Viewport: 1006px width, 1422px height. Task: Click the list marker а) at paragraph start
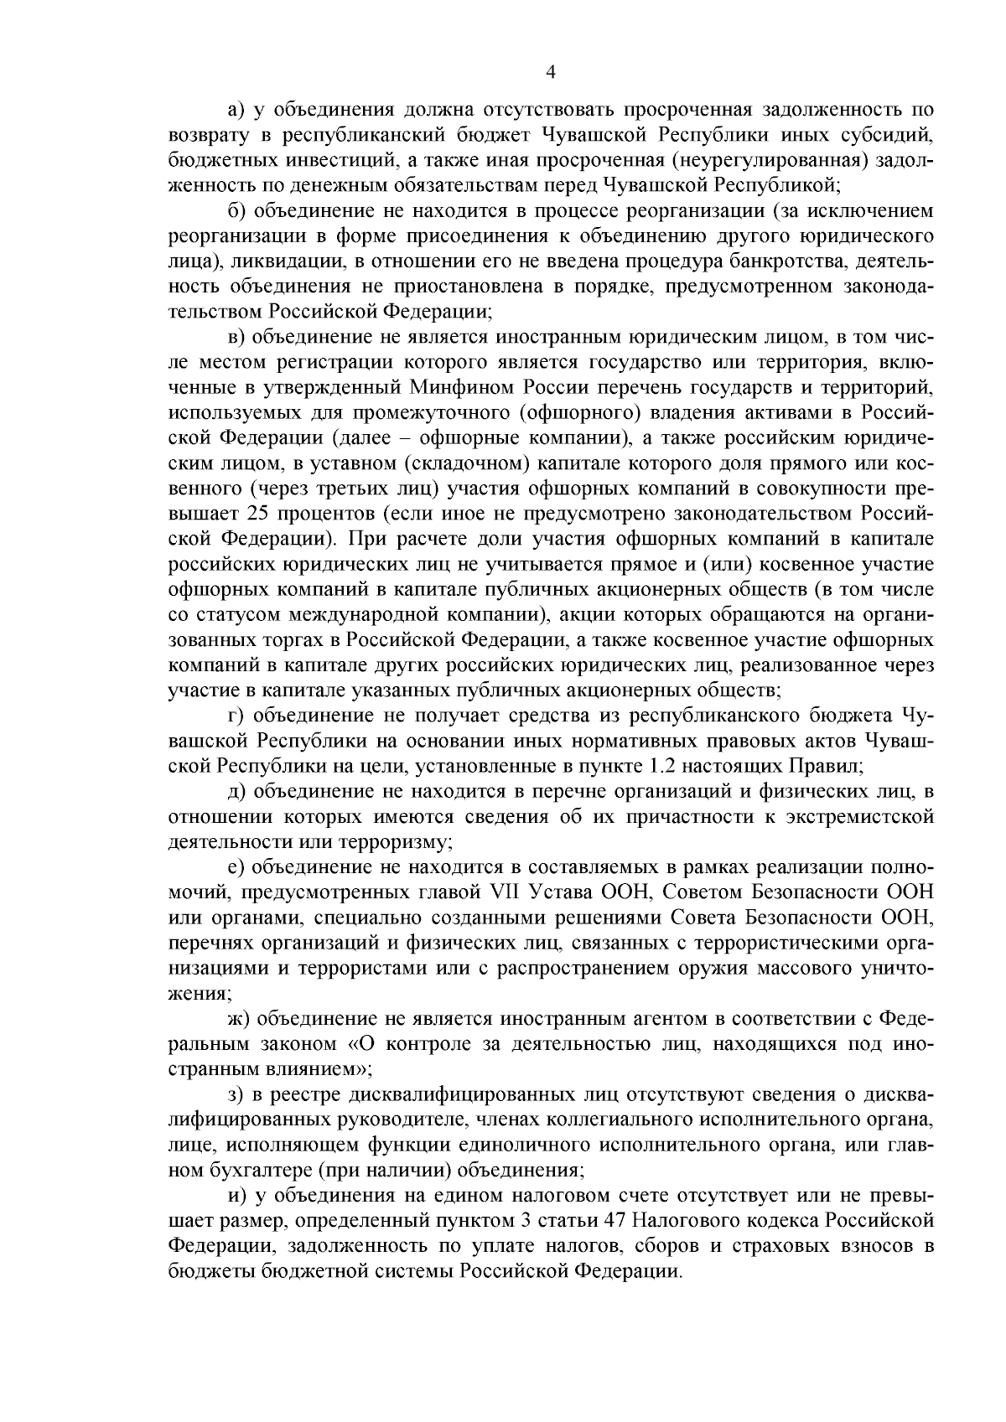tap(236, 110)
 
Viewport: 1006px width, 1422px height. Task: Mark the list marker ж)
tap(238, 1018)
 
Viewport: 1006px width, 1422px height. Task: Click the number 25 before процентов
tap(259, 512)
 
